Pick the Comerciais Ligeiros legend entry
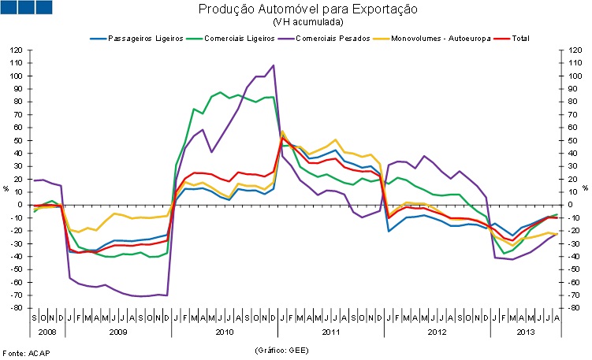[246, 37]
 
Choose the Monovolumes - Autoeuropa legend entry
[442, 37]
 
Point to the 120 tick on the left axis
[17, 50]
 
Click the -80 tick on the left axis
[17, 308]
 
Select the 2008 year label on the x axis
[46, 332]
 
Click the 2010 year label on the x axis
[224, 332]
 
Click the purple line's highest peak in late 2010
[274, 65]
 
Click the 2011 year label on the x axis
[331, 332]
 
